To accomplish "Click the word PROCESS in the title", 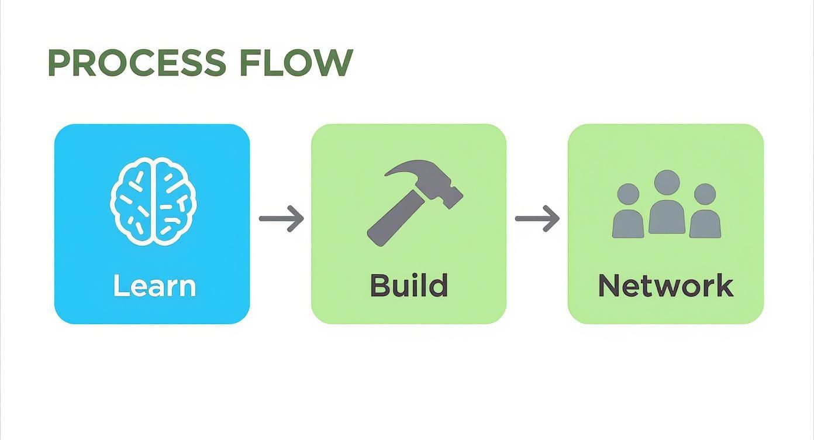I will (136, 63).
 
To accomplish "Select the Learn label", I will (154, 286).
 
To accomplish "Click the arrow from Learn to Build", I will (281, 218).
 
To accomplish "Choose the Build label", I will (409, 286).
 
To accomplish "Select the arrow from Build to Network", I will (537, 218).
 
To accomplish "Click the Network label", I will (665, 286).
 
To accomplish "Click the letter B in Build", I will (380, 286).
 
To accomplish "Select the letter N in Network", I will (609, 286).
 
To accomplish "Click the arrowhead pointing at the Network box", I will (553, 218).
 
